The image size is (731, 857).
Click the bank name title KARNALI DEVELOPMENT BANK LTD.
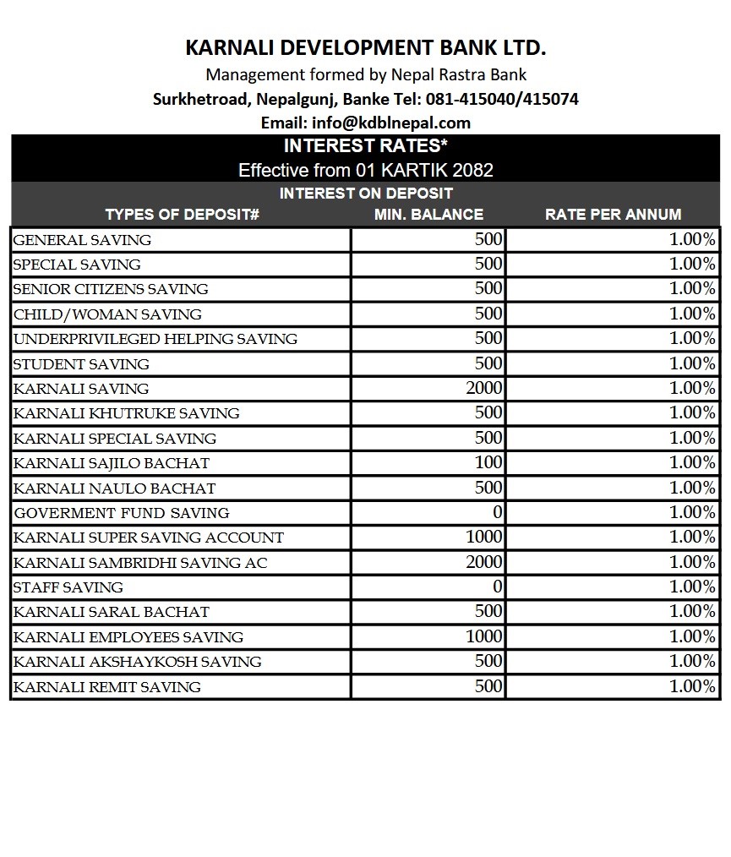tap(365, 46)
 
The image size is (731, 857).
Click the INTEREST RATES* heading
tap(365, 145)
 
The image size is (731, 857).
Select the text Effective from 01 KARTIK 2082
tap(365, 170)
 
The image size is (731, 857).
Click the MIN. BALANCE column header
tap(428, 214)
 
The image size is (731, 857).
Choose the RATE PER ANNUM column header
tap(613, 214)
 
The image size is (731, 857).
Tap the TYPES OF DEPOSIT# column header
tap(182, 214)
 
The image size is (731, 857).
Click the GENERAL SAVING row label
tap(83, 240)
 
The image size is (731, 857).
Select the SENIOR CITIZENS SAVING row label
tap(111, 289)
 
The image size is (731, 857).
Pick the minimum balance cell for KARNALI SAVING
tap(483, 389)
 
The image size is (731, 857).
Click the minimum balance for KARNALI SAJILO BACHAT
tap(488, 463)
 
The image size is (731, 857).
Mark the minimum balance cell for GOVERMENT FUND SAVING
tap(497, 513)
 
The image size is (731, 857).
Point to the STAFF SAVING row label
tap(68, 587)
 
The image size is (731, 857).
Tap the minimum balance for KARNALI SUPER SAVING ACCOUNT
tap(483, 538)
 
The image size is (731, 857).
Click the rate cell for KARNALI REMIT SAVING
tap(692, 686)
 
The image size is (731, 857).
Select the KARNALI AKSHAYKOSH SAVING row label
tap(138, 662)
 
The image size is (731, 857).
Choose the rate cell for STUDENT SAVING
tap(692, 364)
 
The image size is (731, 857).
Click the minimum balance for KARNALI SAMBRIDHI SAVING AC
tap(483, 562)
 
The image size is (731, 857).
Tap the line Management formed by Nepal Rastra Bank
tap(365, 74)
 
